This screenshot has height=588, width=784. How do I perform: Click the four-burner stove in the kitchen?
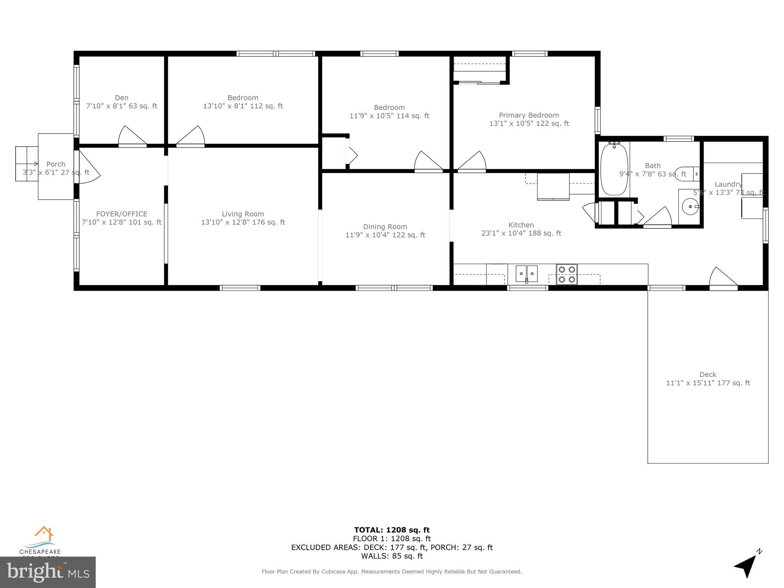[x=567, y=274]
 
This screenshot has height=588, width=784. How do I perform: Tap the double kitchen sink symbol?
[x=527, y=273]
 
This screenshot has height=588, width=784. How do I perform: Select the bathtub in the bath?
[x=614, y=169]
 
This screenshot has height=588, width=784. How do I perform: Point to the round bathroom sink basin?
[x=689, y=207]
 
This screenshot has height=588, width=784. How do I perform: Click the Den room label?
[x=122, y=98]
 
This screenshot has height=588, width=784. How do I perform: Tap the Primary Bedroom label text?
[x=529, y=115]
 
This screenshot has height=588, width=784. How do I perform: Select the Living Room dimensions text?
[x=243, y=222]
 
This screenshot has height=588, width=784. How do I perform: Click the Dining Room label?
[x=385, y=227]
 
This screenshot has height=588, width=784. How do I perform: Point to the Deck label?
[x=707, y=374]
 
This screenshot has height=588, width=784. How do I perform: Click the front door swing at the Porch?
[x=88, y=168]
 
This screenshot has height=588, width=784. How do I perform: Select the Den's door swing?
[x=132, y=136]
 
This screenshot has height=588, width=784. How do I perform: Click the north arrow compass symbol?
[x=746, y=567]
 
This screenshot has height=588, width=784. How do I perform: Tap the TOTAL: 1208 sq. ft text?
[x=392, y=530]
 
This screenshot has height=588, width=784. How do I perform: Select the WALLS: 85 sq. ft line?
[x=392, y=556]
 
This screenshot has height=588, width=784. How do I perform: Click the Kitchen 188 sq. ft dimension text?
[x=521, y=233]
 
